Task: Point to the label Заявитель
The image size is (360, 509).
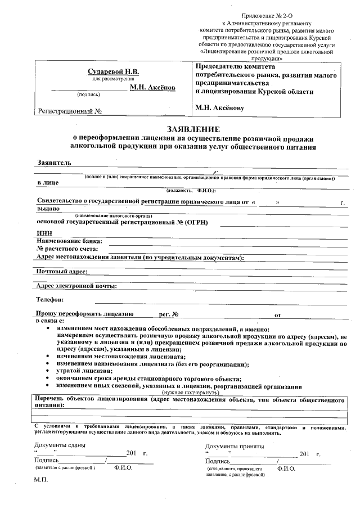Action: click(x=54, y=162)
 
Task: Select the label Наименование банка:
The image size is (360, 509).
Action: click(x=69, y=241)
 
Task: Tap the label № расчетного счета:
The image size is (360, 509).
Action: click(x=67, y=249)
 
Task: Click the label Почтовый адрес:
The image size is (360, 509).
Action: click(x=62, y=272)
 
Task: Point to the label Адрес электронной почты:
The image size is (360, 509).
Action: click(x=75, y=286)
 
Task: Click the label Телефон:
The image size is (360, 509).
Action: click(x=50, y=299)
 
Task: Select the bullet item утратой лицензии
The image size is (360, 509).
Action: click(x=84, y=371)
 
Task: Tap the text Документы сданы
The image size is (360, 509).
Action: click(x=60, y=445)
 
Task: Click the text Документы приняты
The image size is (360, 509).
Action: click(x=235, y=445)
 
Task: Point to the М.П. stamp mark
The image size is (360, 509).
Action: click(x=41, y=481)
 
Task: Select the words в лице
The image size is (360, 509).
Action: click(x=47, y=183)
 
